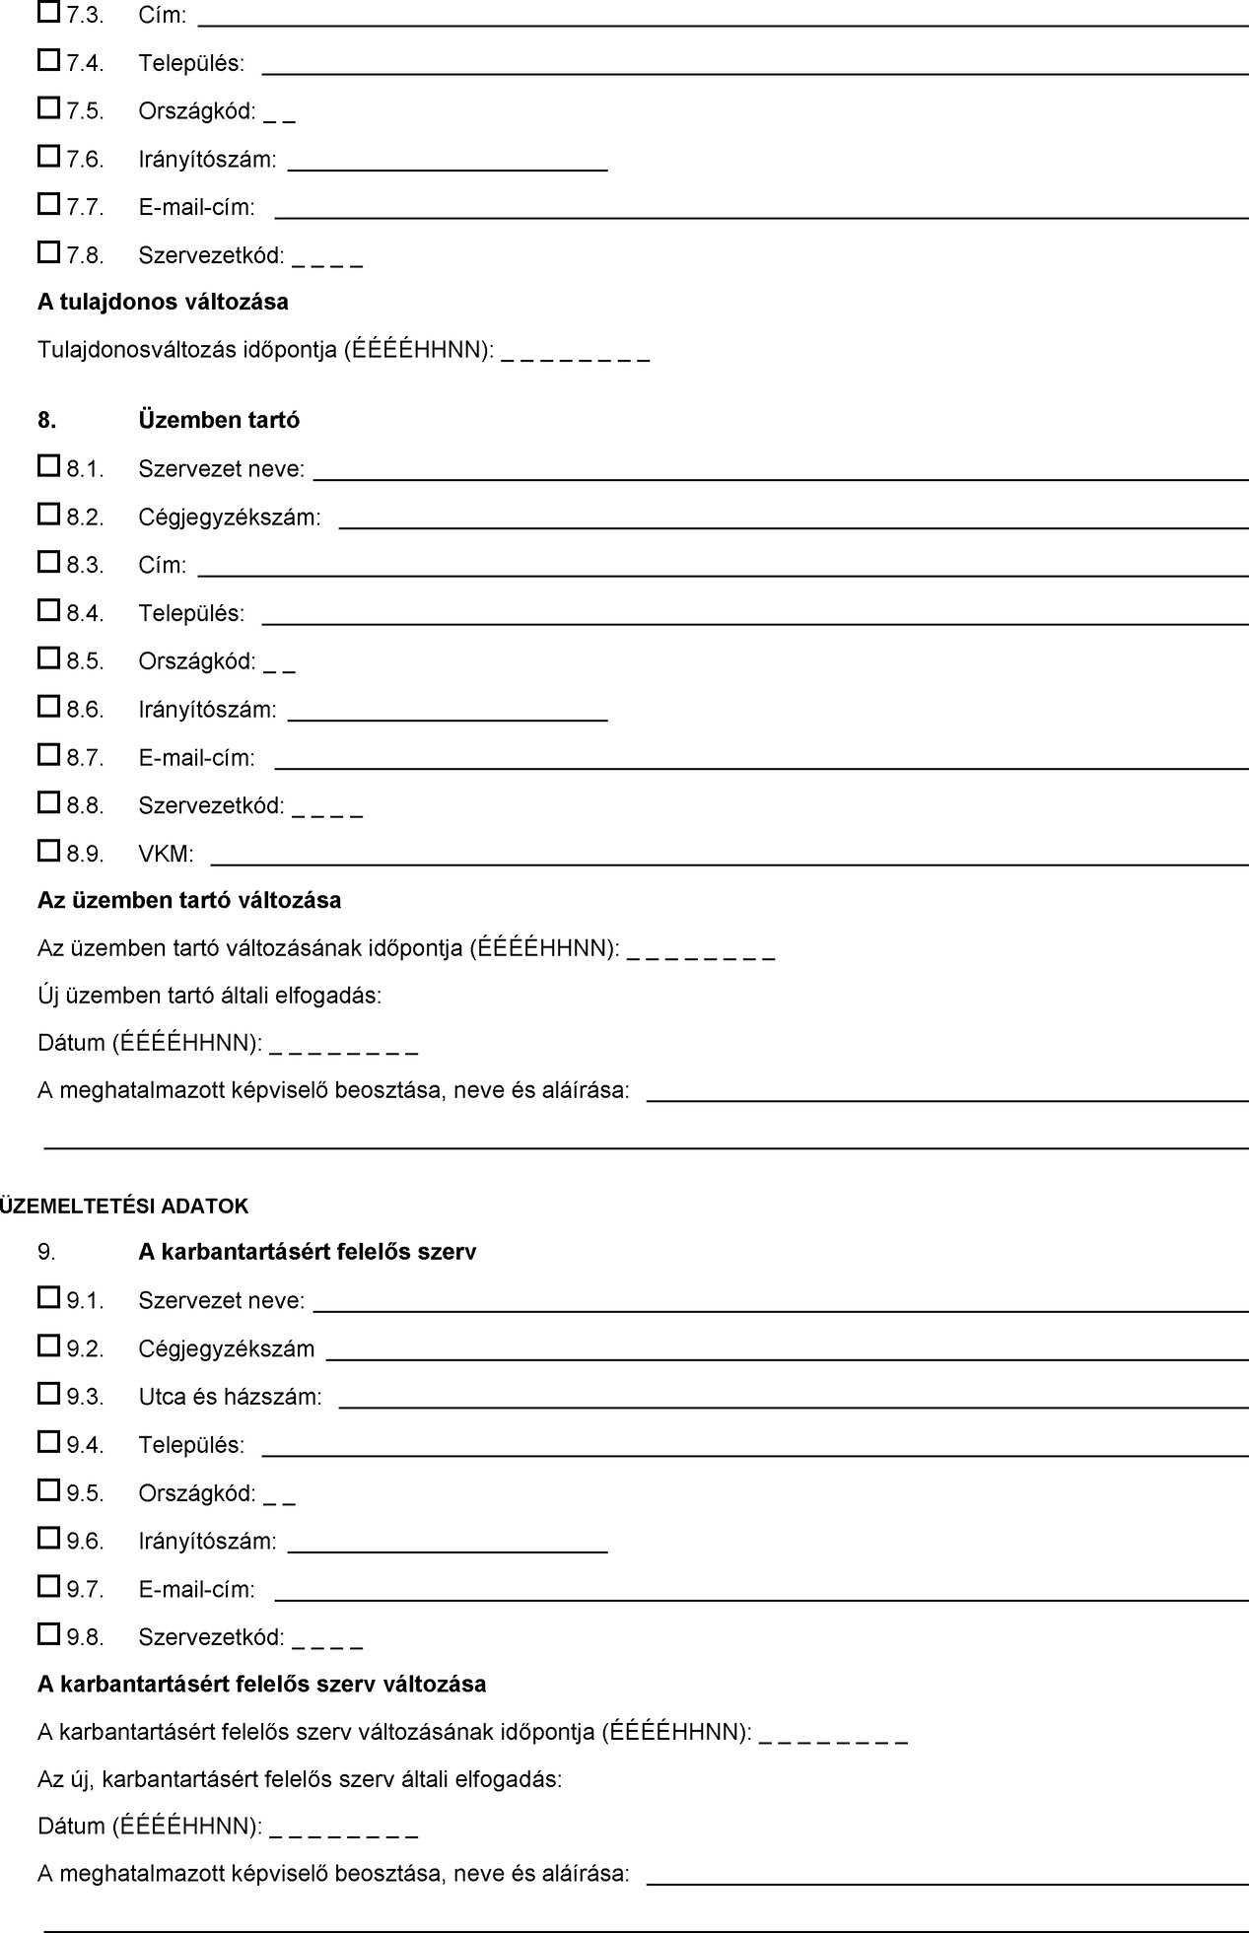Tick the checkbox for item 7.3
point(48,13)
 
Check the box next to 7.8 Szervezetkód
point(48,253)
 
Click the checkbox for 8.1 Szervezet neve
point(48,466)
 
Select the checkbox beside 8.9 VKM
point(48,851)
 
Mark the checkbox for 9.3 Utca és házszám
point(48,1394)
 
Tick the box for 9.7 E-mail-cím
point(48,1587)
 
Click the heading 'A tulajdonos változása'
point(163,302)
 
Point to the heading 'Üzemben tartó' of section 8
point(219,420)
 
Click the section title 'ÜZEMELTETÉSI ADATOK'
point(124,1206)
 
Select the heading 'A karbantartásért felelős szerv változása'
point(261,1684)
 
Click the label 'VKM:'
point(166,854)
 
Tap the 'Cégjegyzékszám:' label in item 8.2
point(229,518)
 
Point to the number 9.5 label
point(85,1493)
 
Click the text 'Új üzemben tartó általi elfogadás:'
point(209,996)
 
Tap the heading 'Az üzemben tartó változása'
point(189,900)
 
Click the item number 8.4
point(85,614)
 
